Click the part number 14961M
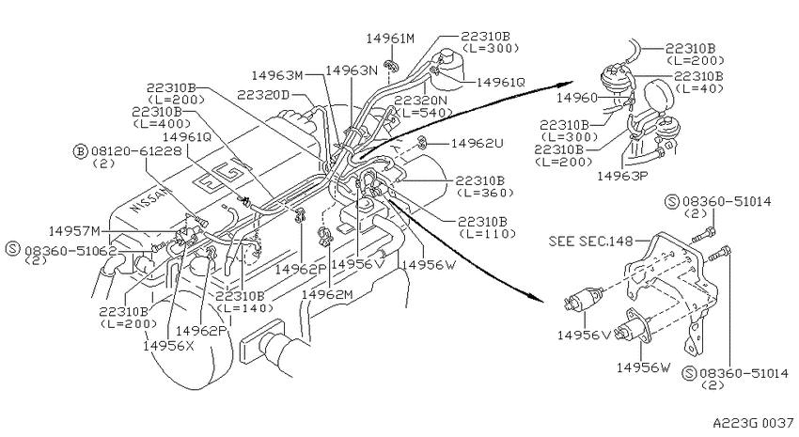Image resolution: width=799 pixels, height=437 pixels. (x=391, y=39)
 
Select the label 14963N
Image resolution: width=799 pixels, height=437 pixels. (x=352, y=70)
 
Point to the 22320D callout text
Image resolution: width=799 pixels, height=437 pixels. (x=263, y=95)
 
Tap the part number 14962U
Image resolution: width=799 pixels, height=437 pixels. (x=478, y=143)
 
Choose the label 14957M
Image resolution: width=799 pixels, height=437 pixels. (x=74, y=231)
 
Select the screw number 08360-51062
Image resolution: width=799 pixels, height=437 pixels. (x=70, y=251)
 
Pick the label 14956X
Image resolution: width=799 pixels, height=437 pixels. (x=168, y=345)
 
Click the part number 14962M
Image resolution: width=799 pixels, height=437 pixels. (x=327, y=294)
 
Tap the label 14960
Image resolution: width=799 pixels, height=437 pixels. (x=577, y=98)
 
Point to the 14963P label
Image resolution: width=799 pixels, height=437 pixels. (x=622, y=176)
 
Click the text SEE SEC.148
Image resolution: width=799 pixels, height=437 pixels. (x=591, y=241)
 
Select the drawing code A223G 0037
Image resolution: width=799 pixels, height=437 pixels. (x=753, y=423)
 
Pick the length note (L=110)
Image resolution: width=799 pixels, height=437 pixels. (x=488, y=234)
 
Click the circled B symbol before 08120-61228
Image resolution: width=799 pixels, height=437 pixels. (x=80, y=151)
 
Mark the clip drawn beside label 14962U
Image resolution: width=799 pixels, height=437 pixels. (x=422, y=143)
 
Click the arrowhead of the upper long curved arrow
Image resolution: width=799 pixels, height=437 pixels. (x=568, y=83)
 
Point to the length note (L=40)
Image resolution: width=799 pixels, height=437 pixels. (x=701, y=88)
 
